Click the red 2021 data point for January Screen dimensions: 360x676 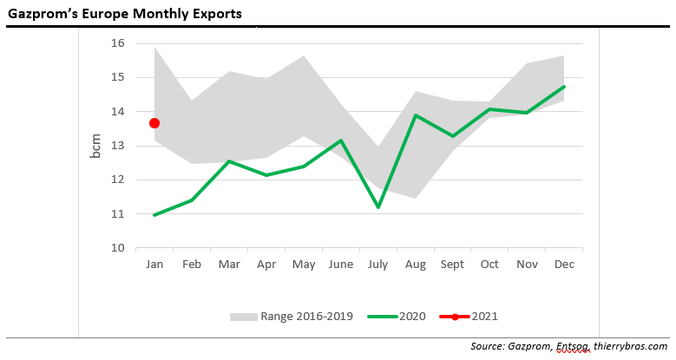[154, 123]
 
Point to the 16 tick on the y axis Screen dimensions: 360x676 [118, 43]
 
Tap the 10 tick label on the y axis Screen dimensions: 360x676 [118, 248]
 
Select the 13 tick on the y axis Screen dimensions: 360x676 [118, 146]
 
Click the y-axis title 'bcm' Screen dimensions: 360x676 [96, 146]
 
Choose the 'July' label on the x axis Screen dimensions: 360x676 [377, 265]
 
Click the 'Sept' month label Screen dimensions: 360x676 [451, 265]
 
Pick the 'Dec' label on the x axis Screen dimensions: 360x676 [563, 265]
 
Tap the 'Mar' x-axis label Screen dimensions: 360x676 [229, 265]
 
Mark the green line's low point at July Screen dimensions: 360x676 [377, 207]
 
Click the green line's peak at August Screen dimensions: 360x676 [415, 115]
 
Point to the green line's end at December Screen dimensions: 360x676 [564, 87]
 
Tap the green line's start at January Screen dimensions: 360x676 [154, 214]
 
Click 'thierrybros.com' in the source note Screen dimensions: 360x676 [626, 347]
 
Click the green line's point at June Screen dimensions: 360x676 [341, 141]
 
